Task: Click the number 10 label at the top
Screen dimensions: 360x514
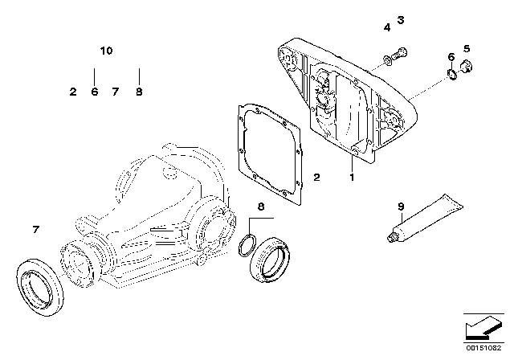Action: point(106,51)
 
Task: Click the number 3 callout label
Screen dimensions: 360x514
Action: point(402,19)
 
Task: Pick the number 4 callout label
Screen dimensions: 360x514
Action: point(386,28)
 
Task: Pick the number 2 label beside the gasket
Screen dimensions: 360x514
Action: point(316,176)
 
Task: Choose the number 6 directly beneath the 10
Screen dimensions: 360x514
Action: point(94,92)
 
